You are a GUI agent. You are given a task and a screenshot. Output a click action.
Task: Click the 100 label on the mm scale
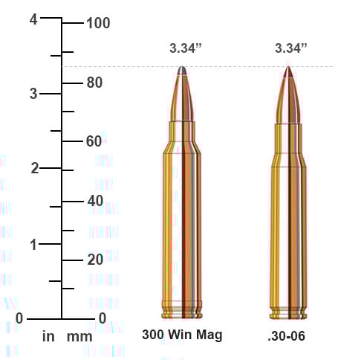tap(98, 23)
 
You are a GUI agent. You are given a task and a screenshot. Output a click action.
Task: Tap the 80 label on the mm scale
tap(94, 83)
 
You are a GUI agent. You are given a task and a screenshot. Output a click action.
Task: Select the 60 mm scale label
tap(94, 141)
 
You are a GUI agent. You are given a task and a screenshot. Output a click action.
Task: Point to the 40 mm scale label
tap(94, 201)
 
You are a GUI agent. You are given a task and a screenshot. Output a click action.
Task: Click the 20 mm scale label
tap(94, 260)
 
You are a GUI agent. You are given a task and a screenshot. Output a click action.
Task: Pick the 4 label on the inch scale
tap(33, 20)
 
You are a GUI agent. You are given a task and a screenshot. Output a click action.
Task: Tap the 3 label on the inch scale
tap(33, 94)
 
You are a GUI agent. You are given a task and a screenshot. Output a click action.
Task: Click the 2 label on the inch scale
tap(33, 168)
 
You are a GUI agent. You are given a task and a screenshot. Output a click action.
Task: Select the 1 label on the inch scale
tap(33, 244)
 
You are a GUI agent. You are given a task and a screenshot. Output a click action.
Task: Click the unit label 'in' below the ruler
tap(48, 337)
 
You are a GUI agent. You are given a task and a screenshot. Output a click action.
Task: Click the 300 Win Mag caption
tap(182, 335)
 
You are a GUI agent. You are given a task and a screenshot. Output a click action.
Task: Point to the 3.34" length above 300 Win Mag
tap(186, 48)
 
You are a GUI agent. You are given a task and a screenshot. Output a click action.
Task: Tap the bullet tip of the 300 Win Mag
tap(183, 71)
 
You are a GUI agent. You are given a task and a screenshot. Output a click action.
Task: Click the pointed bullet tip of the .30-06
tap(288, 69)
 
